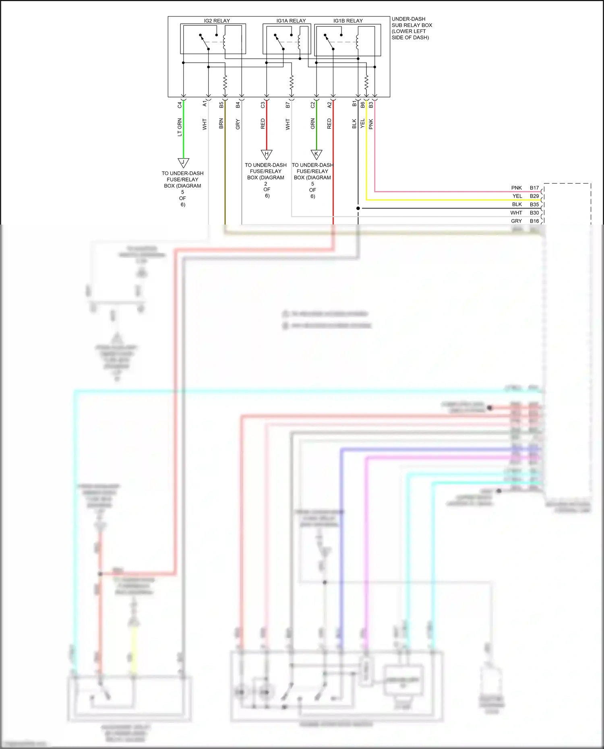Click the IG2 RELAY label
coord(217,21)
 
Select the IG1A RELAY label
coord(291,21)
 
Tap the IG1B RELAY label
coord(348,21)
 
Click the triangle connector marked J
coord(183,162)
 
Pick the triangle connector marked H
coord(267,154)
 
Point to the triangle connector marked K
coord(316,154)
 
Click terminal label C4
coord(180,105)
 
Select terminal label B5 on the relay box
coord(221,105)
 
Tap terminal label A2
coord(329,105)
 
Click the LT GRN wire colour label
coord(180,127)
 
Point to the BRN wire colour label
coord(221,124)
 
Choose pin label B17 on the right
coord(534,188)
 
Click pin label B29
coord(534,196)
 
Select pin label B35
coord(534,204)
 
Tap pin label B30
coord(534,213)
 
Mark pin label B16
coord(534,221)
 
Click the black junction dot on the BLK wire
coord(358,208)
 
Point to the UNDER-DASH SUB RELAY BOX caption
coord(412,28)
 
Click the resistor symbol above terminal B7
coord(292,83)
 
